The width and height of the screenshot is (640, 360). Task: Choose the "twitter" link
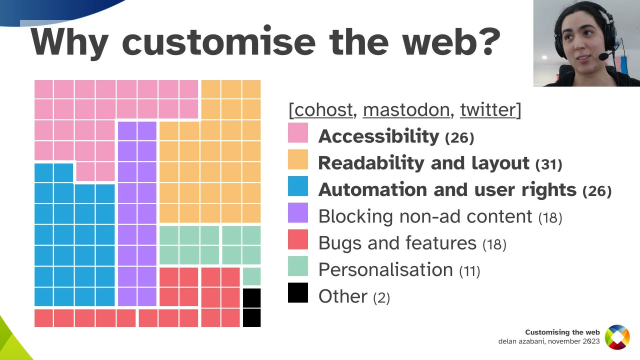485,108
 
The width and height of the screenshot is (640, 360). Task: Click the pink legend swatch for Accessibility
298,134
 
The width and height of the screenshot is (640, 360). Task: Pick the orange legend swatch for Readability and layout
298,161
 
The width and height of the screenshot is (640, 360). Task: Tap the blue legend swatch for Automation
298,188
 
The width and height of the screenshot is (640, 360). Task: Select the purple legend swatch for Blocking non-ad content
298,215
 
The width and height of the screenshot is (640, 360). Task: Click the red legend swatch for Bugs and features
298,242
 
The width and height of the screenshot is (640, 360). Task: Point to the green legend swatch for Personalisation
298,269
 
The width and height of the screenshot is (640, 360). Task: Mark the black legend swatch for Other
298,296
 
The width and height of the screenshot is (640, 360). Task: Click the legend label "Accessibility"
378,135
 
